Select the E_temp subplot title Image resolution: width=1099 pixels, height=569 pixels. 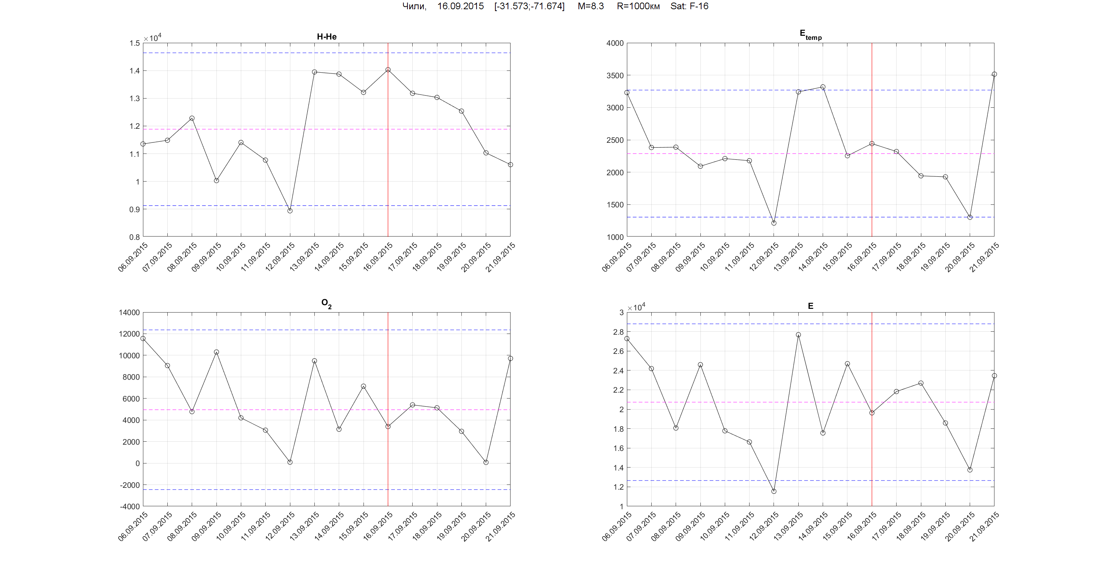point(810,35)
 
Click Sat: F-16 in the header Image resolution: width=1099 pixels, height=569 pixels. point(689,6)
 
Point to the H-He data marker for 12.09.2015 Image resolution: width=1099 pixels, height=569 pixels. point(290,211)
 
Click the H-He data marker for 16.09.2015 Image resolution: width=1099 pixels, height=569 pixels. point(388,69)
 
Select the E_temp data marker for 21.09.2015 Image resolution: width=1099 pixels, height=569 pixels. point(994,74)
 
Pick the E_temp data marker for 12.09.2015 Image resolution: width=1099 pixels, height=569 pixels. point(774,223)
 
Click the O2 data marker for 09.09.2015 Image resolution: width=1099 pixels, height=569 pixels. point(216,352)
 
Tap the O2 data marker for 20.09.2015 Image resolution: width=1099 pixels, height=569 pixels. point(486,462)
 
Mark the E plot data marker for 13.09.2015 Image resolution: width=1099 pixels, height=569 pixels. point(798,335)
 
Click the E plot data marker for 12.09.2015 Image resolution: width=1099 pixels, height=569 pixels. point(774,491)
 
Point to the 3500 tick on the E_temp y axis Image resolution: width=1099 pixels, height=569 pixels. point(615,75)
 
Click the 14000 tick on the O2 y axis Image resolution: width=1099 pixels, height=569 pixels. point(129,313)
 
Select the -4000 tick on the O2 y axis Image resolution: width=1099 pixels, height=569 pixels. point(129,506)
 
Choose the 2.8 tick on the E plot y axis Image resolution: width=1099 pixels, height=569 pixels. point(618,332)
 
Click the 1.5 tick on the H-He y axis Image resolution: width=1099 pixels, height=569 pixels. point(134,43)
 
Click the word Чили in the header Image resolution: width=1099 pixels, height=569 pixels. point(414,6)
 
